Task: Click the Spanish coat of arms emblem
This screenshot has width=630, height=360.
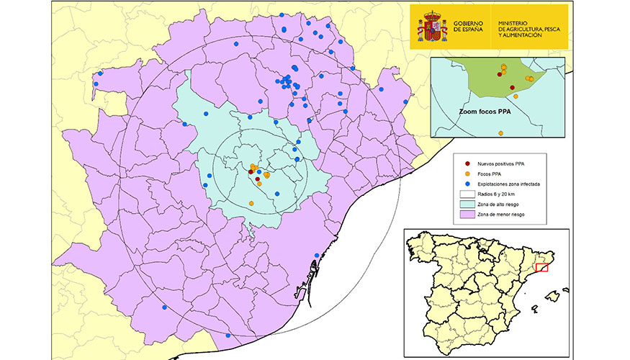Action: coord(432,26)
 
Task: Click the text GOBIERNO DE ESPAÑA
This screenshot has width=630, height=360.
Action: coord(469,27)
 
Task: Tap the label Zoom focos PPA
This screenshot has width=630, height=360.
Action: coord(490,113)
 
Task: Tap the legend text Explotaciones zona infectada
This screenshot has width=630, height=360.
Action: coord(522,184)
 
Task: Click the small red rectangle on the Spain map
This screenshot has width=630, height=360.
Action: coord(542,268)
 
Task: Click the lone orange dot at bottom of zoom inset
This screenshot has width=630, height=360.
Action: coord(516,96)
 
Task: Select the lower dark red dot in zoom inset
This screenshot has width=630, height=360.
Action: coord(512,88)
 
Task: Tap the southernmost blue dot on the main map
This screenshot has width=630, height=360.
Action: coord(228,336)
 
